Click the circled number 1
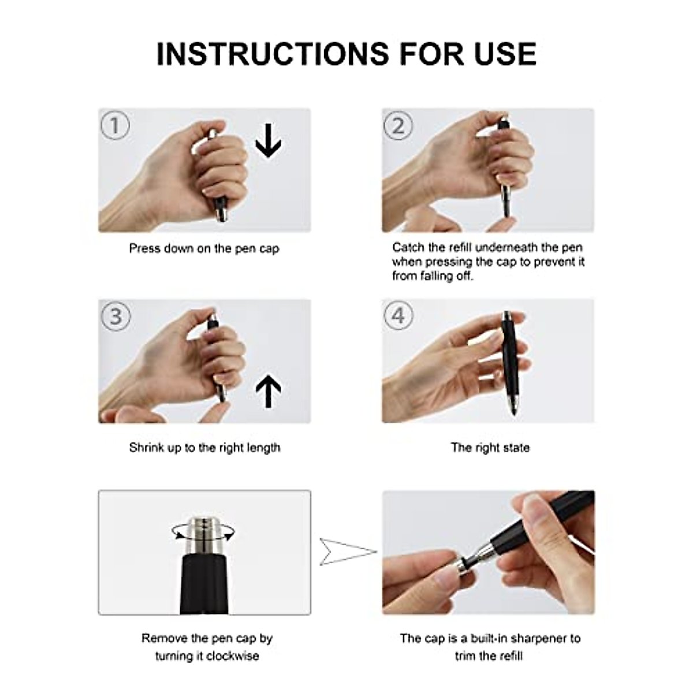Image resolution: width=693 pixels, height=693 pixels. pyautogui.click(x=115, y=125)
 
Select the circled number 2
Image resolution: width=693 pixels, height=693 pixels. pyautogui.click(x=398, y=125)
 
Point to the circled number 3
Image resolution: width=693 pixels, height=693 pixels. pyautogui.click(x=115, y=316)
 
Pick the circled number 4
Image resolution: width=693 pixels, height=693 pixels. pyautogui.click(x=398, y=316)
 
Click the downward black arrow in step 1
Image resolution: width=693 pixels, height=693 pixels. pyautogui.click(x=269, y=140)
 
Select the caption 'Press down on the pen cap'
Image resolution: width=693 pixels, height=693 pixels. pyautogui.click(x=204, y=249)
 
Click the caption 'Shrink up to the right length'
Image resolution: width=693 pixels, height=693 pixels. pyautogui.click(x=204, y=448)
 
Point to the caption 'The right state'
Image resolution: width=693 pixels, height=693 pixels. pyautogui.click(x=490, y=448)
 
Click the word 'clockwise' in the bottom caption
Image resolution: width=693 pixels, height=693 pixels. pyautogui.click(x=233, y=655)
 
